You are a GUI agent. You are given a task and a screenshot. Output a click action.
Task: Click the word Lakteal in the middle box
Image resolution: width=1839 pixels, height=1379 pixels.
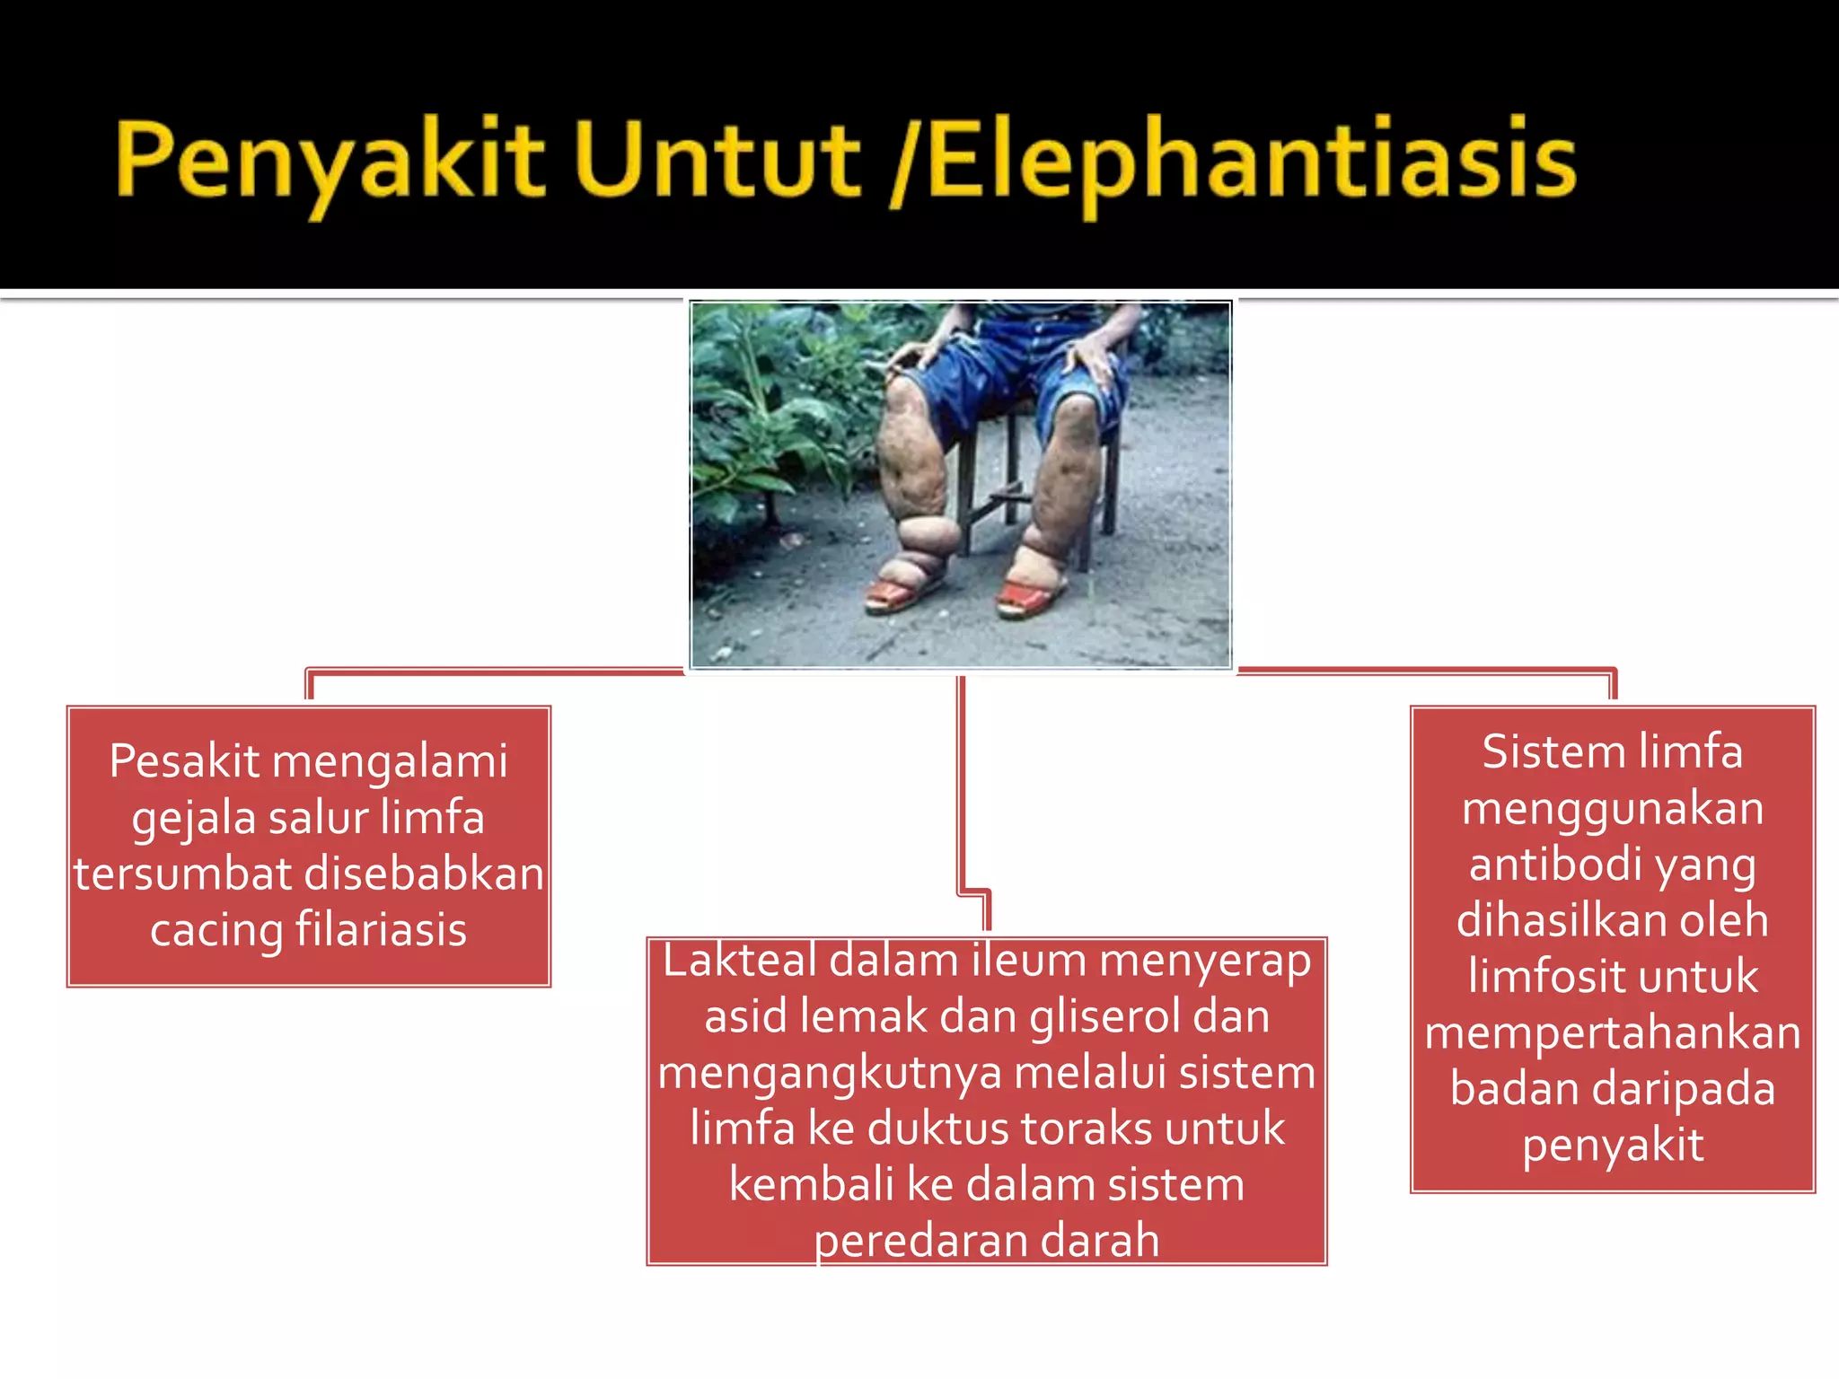click(739, 961)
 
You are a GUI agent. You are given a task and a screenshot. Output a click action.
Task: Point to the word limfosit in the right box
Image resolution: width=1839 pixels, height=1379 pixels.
click(1527, 977)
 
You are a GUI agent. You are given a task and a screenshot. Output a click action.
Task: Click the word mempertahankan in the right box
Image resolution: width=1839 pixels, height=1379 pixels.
click(1613, 1032)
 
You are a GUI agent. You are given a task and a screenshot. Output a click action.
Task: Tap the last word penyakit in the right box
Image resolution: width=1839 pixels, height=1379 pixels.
click(1613, 1146)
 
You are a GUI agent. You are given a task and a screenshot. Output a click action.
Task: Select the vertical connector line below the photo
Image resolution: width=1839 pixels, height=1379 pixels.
click(961, 781)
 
